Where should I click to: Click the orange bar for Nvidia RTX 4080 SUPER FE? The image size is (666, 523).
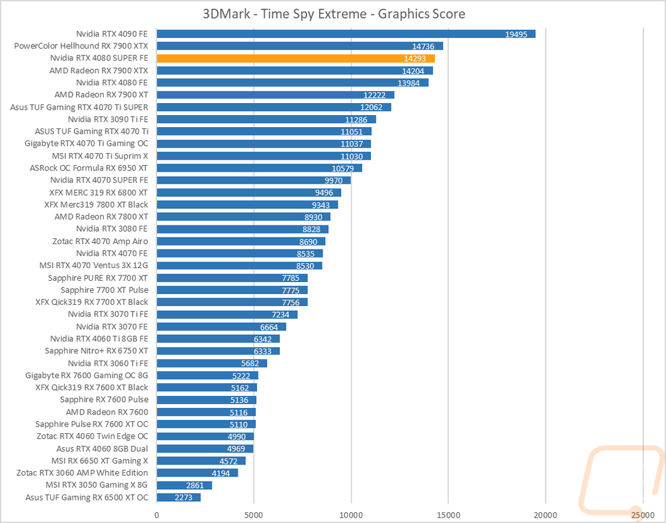[296, 58]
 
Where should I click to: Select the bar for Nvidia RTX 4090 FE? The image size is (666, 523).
[346, 34]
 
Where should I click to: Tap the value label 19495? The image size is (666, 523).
[516, 35]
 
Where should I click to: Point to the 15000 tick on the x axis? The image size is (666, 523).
[448, 515]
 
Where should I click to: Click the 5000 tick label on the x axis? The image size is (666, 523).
[254, 515]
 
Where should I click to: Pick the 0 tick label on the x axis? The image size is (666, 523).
[157, 515]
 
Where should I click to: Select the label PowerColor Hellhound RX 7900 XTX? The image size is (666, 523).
[81, 46]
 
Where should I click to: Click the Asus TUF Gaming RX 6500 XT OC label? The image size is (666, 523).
[87, 497]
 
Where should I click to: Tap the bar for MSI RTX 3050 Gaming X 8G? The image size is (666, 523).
[184, 485]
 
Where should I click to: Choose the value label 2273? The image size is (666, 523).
[184, 498]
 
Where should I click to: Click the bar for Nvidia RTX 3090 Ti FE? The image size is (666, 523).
[266, 119]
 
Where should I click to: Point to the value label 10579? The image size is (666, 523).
[343, 168]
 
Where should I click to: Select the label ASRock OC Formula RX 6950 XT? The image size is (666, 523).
[89, 168]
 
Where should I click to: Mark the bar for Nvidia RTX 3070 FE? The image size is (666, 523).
[221, 327]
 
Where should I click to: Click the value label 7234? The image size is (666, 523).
[280, 315]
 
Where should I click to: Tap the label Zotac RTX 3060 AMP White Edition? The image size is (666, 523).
[83, 472]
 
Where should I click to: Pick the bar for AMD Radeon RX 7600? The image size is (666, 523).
[206, 412]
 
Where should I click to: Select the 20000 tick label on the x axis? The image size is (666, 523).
[546, 515]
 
